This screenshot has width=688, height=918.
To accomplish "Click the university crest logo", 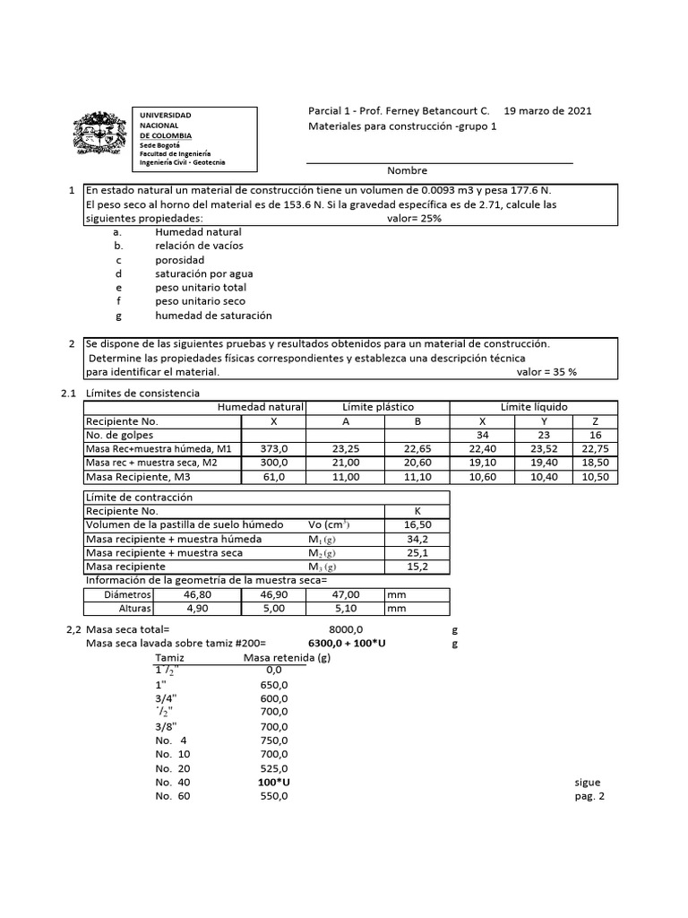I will click(98, 140).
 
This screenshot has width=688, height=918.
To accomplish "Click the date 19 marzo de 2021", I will click(547, 111).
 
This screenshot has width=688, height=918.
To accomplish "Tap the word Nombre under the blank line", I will click(407, 171).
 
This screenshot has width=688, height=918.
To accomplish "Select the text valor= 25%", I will click(414, 219).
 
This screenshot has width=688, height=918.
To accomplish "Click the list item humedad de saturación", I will click(213, 316).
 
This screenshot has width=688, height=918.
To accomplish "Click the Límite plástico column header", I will click(378, 407).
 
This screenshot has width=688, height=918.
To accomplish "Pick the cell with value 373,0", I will click(273, 449).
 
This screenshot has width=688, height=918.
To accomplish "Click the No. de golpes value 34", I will click(484, 435).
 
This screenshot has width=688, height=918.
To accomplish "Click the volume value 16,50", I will click(417, 524).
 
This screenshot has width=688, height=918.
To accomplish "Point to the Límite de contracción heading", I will click(139, 497).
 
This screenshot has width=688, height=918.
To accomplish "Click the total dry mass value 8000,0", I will click(346, 630).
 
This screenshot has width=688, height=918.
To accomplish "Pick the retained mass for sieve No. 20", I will click(272, 768).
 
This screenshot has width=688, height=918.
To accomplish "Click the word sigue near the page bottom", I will click(588, 782).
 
